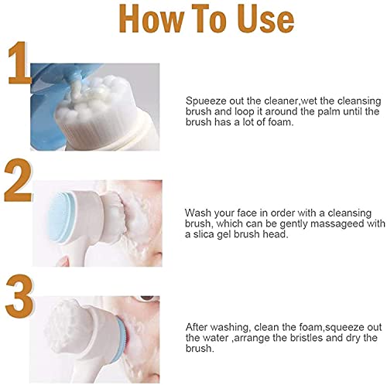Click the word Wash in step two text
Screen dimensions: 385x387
[198, 212]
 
